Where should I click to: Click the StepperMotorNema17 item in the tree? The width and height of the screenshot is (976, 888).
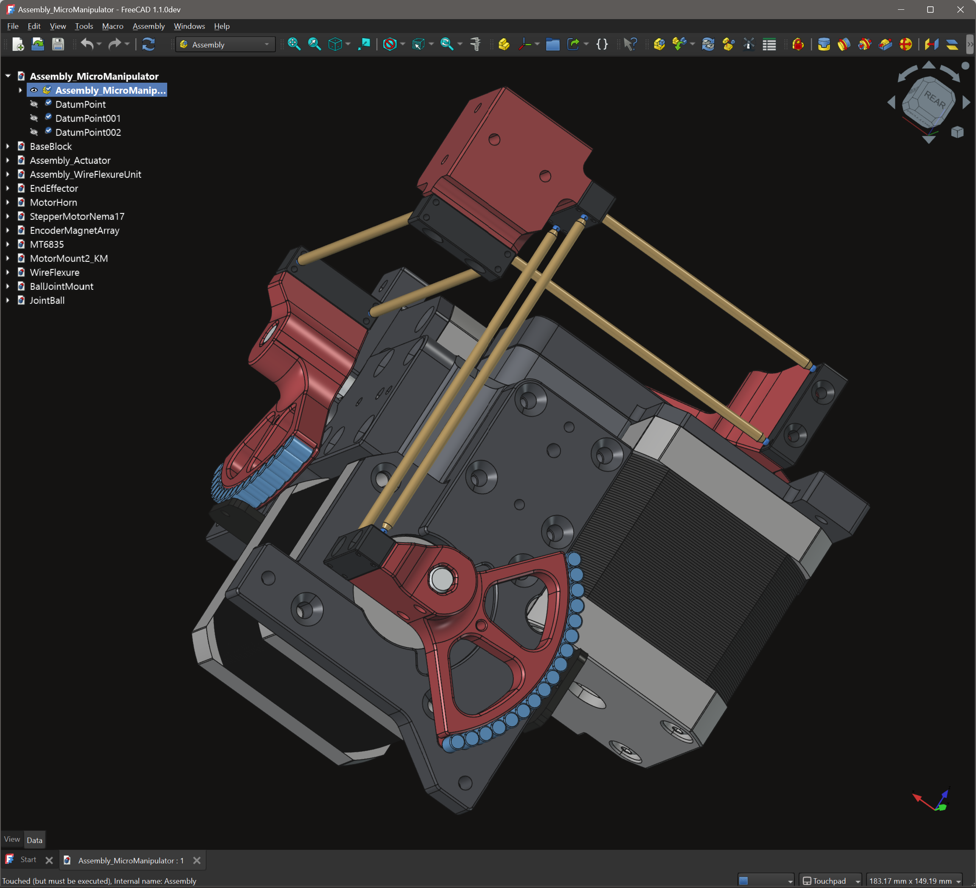click(77, 216)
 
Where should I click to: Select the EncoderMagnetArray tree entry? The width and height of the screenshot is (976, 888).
click(75, 230)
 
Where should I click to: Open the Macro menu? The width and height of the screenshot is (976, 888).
click(112, 26)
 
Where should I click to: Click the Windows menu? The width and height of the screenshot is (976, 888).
click(189, 26)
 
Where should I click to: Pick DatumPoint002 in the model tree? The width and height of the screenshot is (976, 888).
click(88, 132)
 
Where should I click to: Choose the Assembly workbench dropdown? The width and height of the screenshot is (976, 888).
click(225, 45)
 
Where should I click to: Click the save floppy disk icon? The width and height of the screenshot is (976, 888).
click(58, 45)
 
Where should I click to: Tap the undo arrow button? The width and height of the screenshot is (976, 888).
click(87, 45)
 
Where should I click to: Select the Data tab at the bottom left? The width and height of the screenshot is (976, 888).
click(34, 840)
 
